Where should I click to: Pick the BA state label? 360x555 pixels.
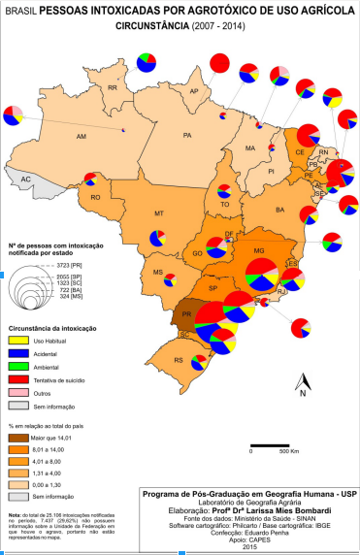(281, 209)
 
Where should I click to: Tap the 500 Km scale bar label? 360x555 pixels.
(286, 451)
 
